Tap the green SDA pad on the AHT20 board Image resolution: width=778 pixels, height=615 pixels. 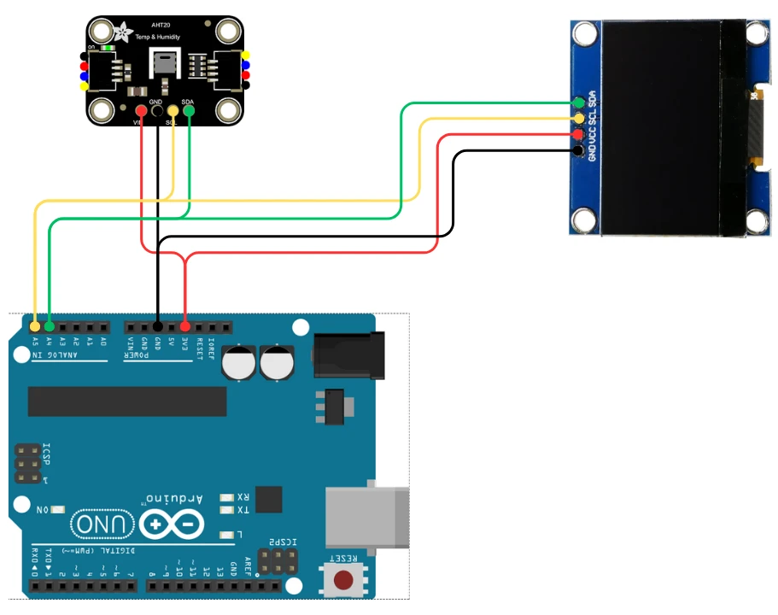189,109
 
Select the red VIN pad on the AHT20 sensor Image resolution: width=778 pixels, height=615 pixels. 140,110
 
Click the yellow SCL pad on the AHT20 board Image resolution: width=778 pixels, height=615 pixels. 173,109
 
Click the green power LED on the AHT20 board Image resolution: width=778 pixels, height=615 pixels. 108,49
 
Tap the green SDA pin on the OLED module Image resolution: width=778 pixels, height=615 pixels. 579,103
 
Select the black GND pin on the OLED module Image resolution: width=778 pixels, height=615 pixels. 579,151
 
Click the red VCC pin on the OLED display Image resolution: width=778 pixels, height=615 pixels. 579,135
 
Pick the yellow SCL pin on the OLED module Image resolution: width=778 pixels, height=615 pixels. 579,119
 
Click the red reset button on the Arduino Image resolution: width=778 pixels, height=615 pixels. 344,581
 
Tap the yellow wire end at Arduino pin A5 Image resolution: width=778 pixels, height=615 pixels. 34,327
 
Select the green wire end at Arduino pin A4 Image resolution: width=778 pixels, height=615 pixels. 49,327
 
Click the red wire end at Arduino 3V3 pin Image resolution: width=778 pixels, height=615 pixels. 185,327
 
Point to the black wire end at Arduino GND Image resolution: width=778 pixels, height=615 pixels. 158,327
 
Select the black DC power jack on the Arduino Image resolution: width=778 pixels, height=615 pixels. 345,354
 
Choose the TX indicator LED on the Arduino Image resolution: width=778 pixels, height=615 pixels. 227,510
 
